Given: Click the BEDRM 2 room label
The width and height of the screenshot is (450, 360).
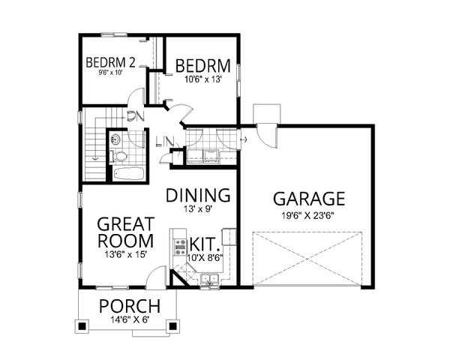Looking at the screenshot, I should click(x=109, y=62).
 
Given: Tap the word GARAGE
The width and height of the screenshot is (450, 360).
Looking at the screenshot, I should click(x=308, y=199).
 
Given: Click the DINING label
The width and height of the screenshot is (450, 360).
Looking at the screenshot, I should click(x=198, y=195).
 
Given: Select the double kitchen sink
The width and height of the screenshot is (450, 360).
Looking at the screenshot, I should click(x=209, y=280).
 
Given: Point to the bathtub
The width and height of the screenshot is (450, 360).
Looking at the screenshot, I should click(x=130, y=175).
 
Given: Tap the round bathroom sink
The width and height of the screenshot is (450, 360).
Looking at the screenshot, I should click(x=118, y=139).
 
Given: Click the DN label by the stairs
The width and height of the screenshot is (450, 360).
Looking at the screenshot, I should click(x=136, y=115).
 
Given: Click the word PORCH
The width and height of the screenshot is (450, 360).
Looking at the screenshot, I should click(x=130, y=307).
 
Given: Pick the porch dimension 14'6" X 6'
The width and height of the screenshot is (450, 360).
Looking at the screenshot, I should click(x=130, y=321).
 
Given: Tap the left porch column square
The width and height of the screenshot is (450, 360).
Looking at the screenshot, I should click(x=81, y=326).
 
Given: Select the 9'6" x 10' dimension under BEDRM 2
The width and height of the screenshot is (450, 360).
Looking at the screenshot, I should click(x=109, y=73).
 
